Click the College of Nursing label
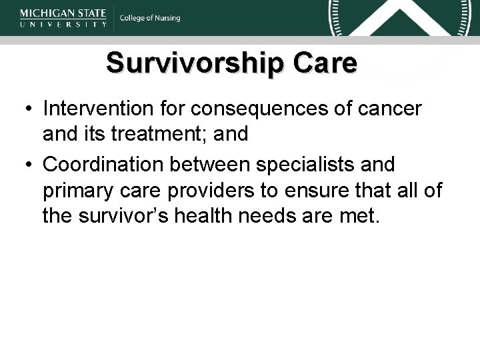pyautogui.click(x=150, y=18)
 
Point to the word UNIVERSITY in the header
pyautogui.click(x=63, y=24)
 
